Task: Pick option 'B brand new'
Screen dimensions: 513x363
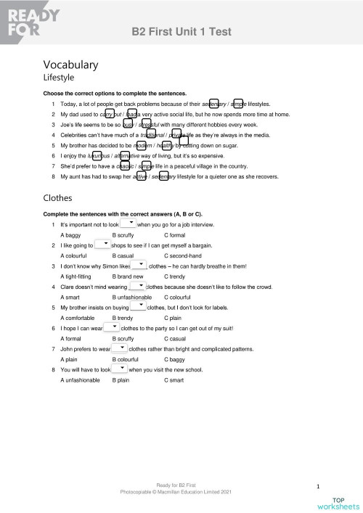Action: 132,276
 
